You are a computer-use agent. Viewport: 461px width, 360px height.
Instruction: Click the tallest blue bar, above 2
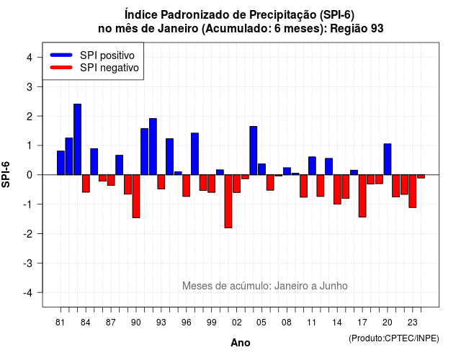pos(77,139)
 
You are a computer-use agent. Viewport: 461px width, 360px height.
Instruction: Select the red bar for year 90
pos(136,197)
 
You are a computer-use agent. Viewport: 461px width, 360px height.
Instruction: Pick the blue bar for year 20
pos(388,159)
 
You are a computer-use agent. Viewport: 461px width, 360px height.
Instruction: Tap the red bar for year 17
pos(362,196)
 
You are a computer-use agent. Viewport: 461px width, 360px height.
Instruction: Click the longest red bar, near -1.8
pos(228,202)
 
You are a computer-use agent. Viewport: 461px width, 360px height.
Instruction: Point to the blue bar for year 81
pos(61,163)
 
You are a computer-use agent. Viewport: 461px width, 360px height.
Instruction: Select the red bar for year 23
pos(413,192)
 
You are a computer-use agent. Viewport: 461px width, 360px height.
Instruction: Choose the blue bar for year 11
pos(312,166)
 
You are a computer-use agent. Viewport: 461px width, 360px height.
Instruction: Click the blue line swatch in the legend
pos(61,55)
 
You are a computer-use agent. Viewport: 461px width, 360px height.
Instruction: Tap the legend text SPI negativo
pos(109,68)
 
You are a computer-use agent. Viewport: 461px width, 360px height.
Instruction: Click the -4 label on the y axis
pos(28,293)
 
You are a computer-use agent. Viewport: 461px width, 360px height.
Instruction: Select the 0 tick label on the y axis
pos(29,175)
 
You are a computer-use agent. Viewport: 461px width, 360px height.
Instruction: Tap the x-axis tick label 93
pos(161,323)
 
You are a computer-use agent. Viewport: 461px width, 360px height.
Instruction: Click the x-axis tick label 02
pos(237,323)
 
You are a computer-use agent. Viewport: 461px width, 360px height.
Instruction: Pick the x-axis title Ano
pos(241,343)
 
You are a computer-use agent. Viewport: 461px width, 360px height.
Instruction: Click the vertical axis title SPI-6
pos(6,174)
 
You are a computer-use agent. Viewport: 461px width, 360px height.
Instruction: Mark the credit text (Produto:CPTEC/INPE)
pos(394,338)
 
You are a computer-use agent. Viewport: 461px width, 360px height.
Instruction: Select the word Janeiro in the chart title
pos(178,29)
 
